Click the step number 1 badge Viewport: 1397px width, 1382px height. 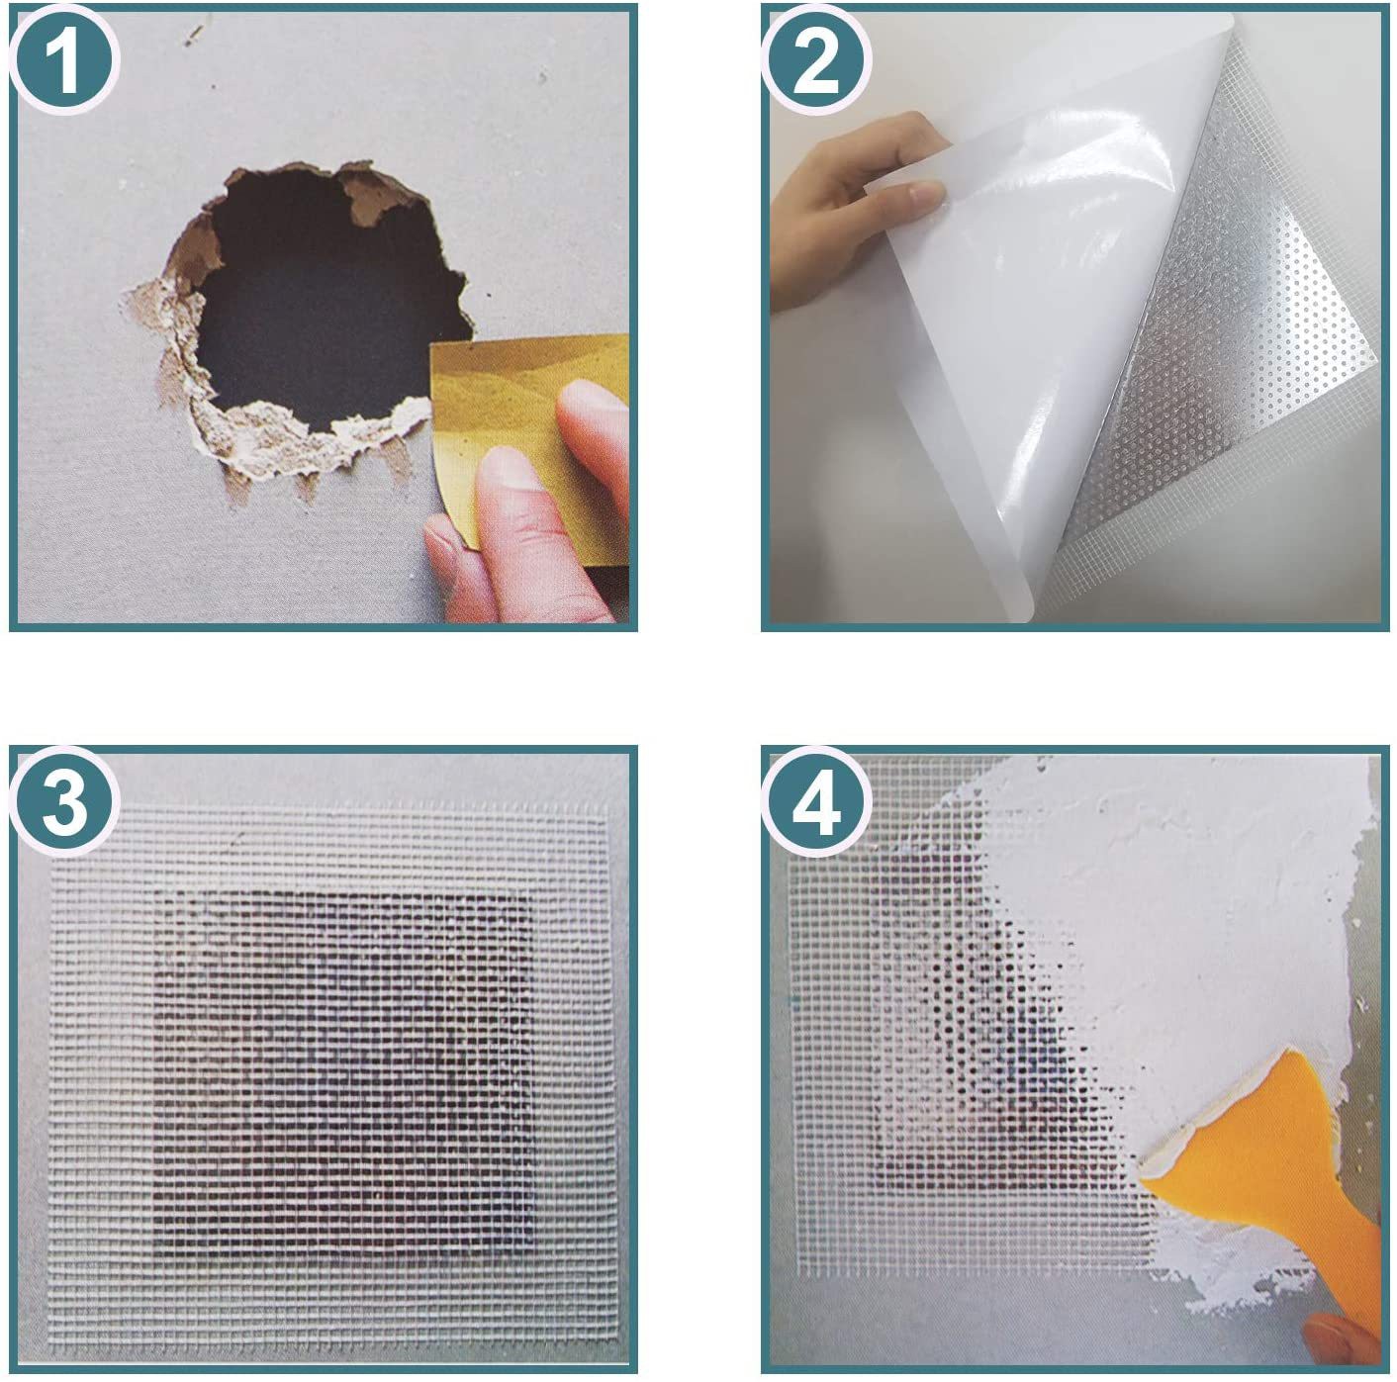63,61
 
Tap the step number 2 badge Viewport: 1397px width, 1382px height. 816,61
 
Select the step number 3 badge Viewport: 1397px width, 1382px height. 63,802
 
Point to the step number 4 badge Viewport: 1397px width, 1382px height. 816,802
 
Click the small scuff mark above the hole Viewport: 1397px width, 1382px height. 194,33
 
